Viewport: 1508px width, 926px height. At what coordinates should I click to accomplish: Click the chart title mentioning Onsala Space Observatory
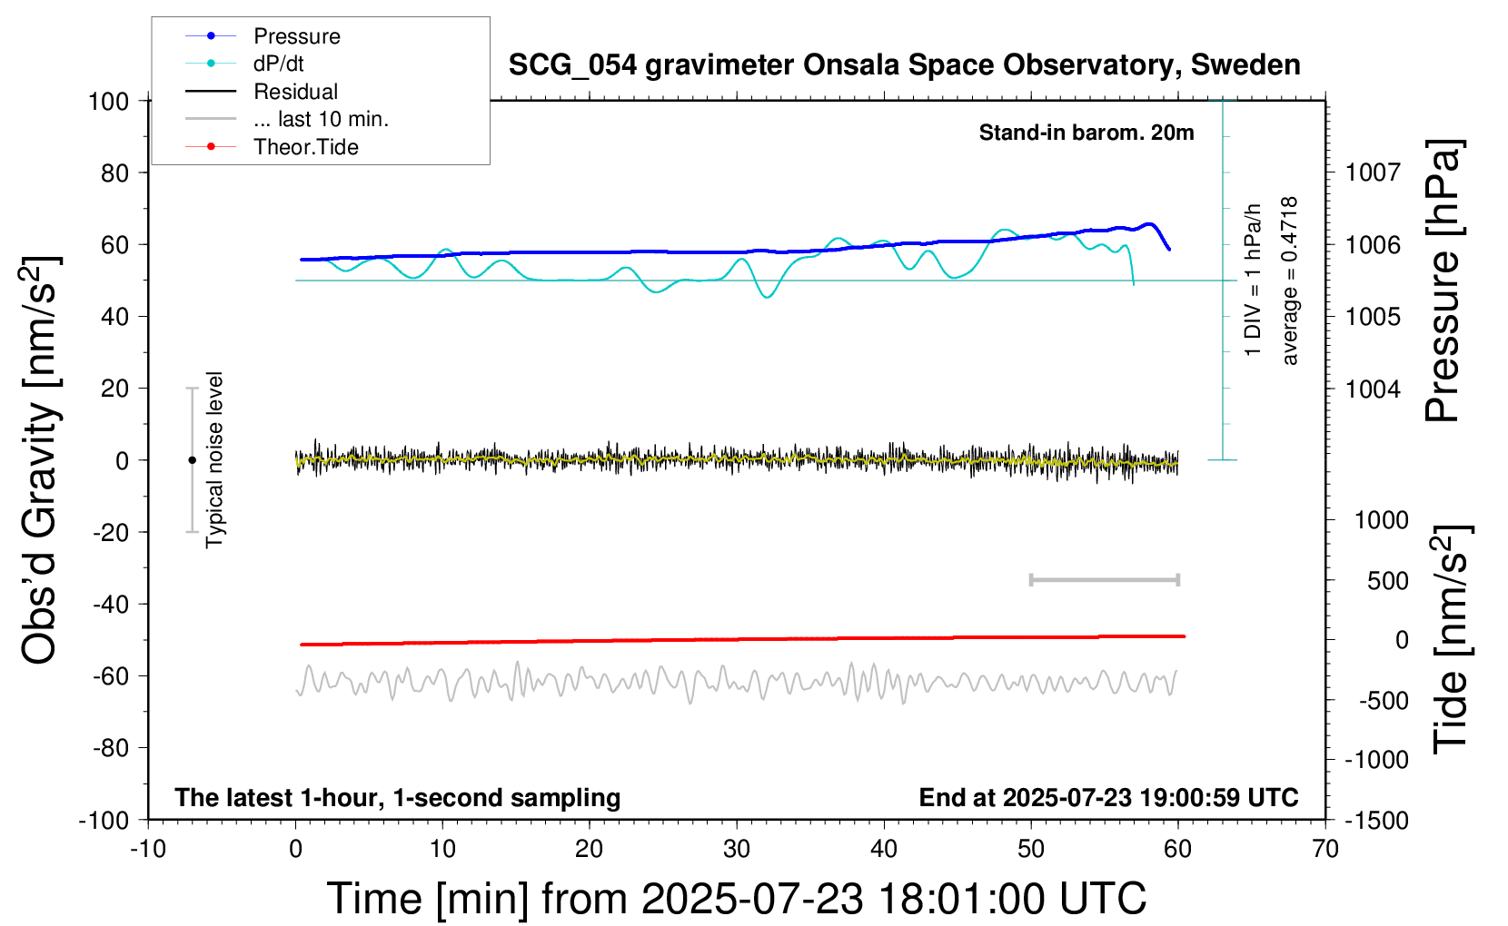pyautogui.click(x=904, y=65)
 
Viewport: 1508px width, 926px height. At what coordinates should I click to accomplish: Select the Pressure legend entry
pyautogui.click(x=263, y=35)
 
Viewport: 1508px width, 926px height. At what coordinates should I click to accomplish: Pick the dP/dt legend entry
pyautogui.click(x=244, y=64)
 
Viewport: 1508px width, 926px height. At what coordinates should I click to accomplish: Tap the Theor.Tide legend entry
pyautogui.click(x=272, y=147)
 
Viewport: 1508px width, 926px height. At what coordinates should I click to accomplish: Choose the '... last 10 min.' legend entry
pyautogui.click(x=287, y=119)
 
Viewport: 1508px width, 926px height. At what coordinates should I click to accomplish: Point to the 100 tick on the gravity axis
pyautogui.click(x=108, y=102)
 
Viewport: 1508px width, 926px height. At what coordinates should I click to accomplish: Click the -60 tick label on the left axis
pyautogui.click(x=111, y=675)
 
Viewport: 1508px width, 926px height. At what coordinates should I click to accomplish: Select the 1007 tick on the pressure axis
pyautogui.click(x=1373, y=173)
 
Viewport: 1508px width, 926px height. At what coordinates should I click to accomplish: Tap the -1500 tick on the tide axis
pyautogui.click(x=1376, y=821)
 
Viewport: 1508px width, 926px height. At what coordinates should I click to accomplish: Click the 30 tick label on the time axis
pyautogui.click(x=737, y=849)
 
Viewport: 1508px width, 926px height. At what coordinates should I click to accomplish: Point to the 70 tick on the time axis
pyautogui.click(x=1324, y=849)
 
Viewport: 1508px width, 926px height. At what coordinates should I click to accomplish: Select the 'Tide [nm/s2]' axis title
pyautogui.click(x=1451, y=639)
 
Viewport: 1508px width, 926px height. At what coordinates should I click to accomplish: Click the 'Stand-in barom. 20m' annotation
pyautogui.click(x=1086, y=133)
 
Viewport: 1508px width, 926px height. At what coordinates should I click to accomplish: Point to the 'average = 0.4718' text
pyautogui.click(x=1288, y=281)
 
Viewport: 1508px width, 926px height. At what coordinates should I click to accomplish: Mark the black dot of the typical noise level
pyautogui.click(x=192, y=460)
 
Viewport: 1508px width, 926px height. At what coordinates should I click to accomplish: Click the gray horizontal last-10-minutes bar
pyautogui.click(x=1104, y=579)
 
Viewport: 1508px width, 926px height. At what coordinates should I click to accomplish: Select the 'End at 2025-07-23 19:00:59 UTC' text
pyautogui.click(x=1108, y=797)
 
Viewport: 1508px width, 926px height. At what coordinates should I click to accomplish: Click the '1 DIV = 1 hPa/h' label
pyautogui.click(x=1252, y=280)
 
